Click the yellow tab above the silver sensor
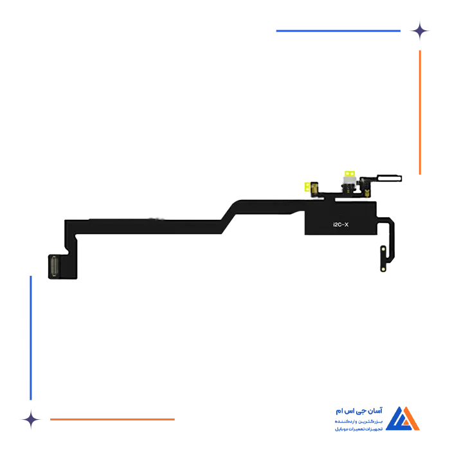point(350,174)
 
